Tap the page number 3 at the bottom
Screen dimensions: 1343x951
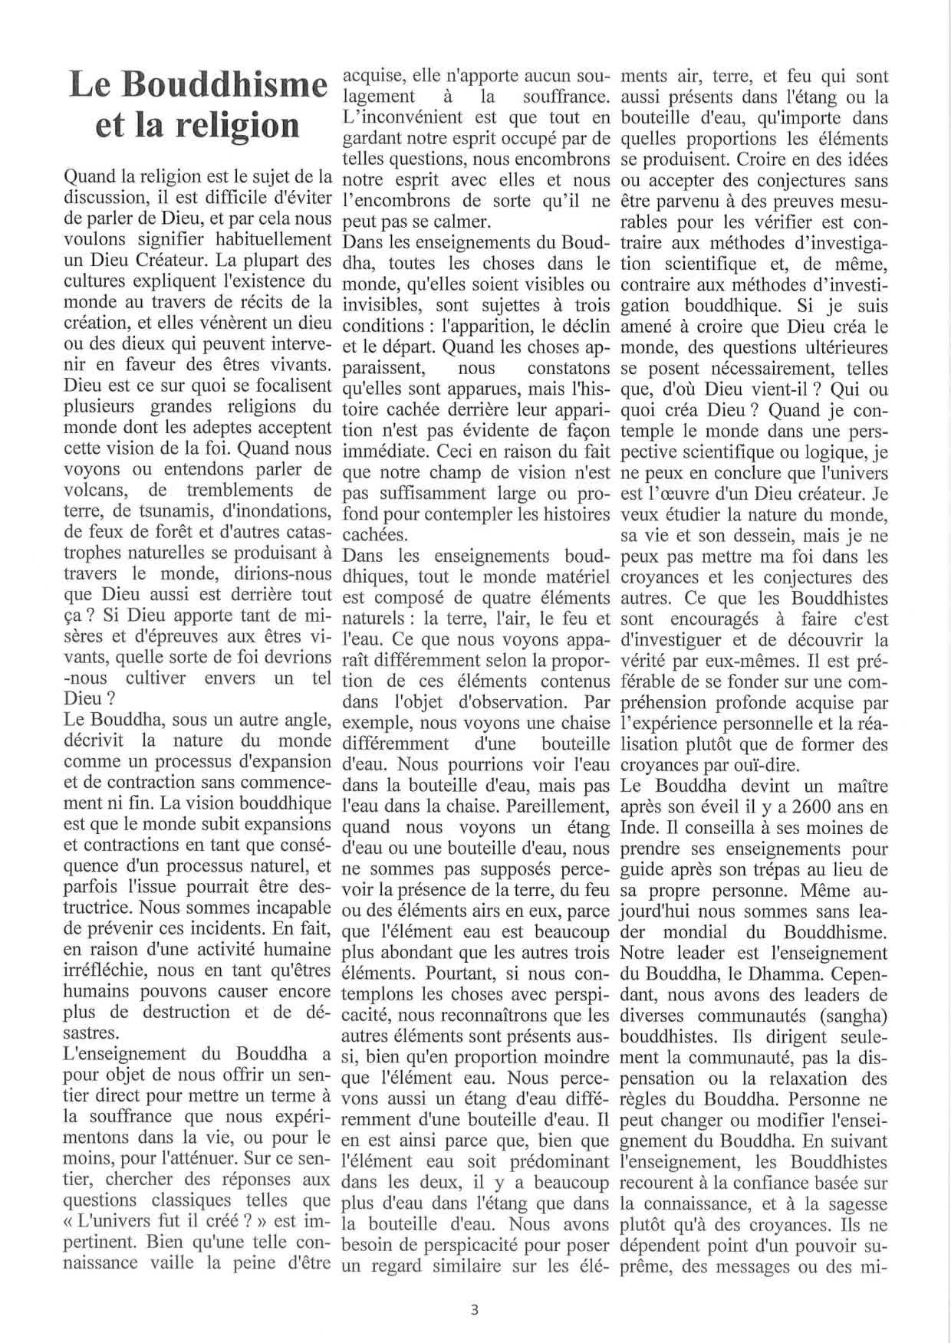[475, 1310]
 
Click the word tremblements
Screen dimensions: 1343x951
[242, 490]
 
